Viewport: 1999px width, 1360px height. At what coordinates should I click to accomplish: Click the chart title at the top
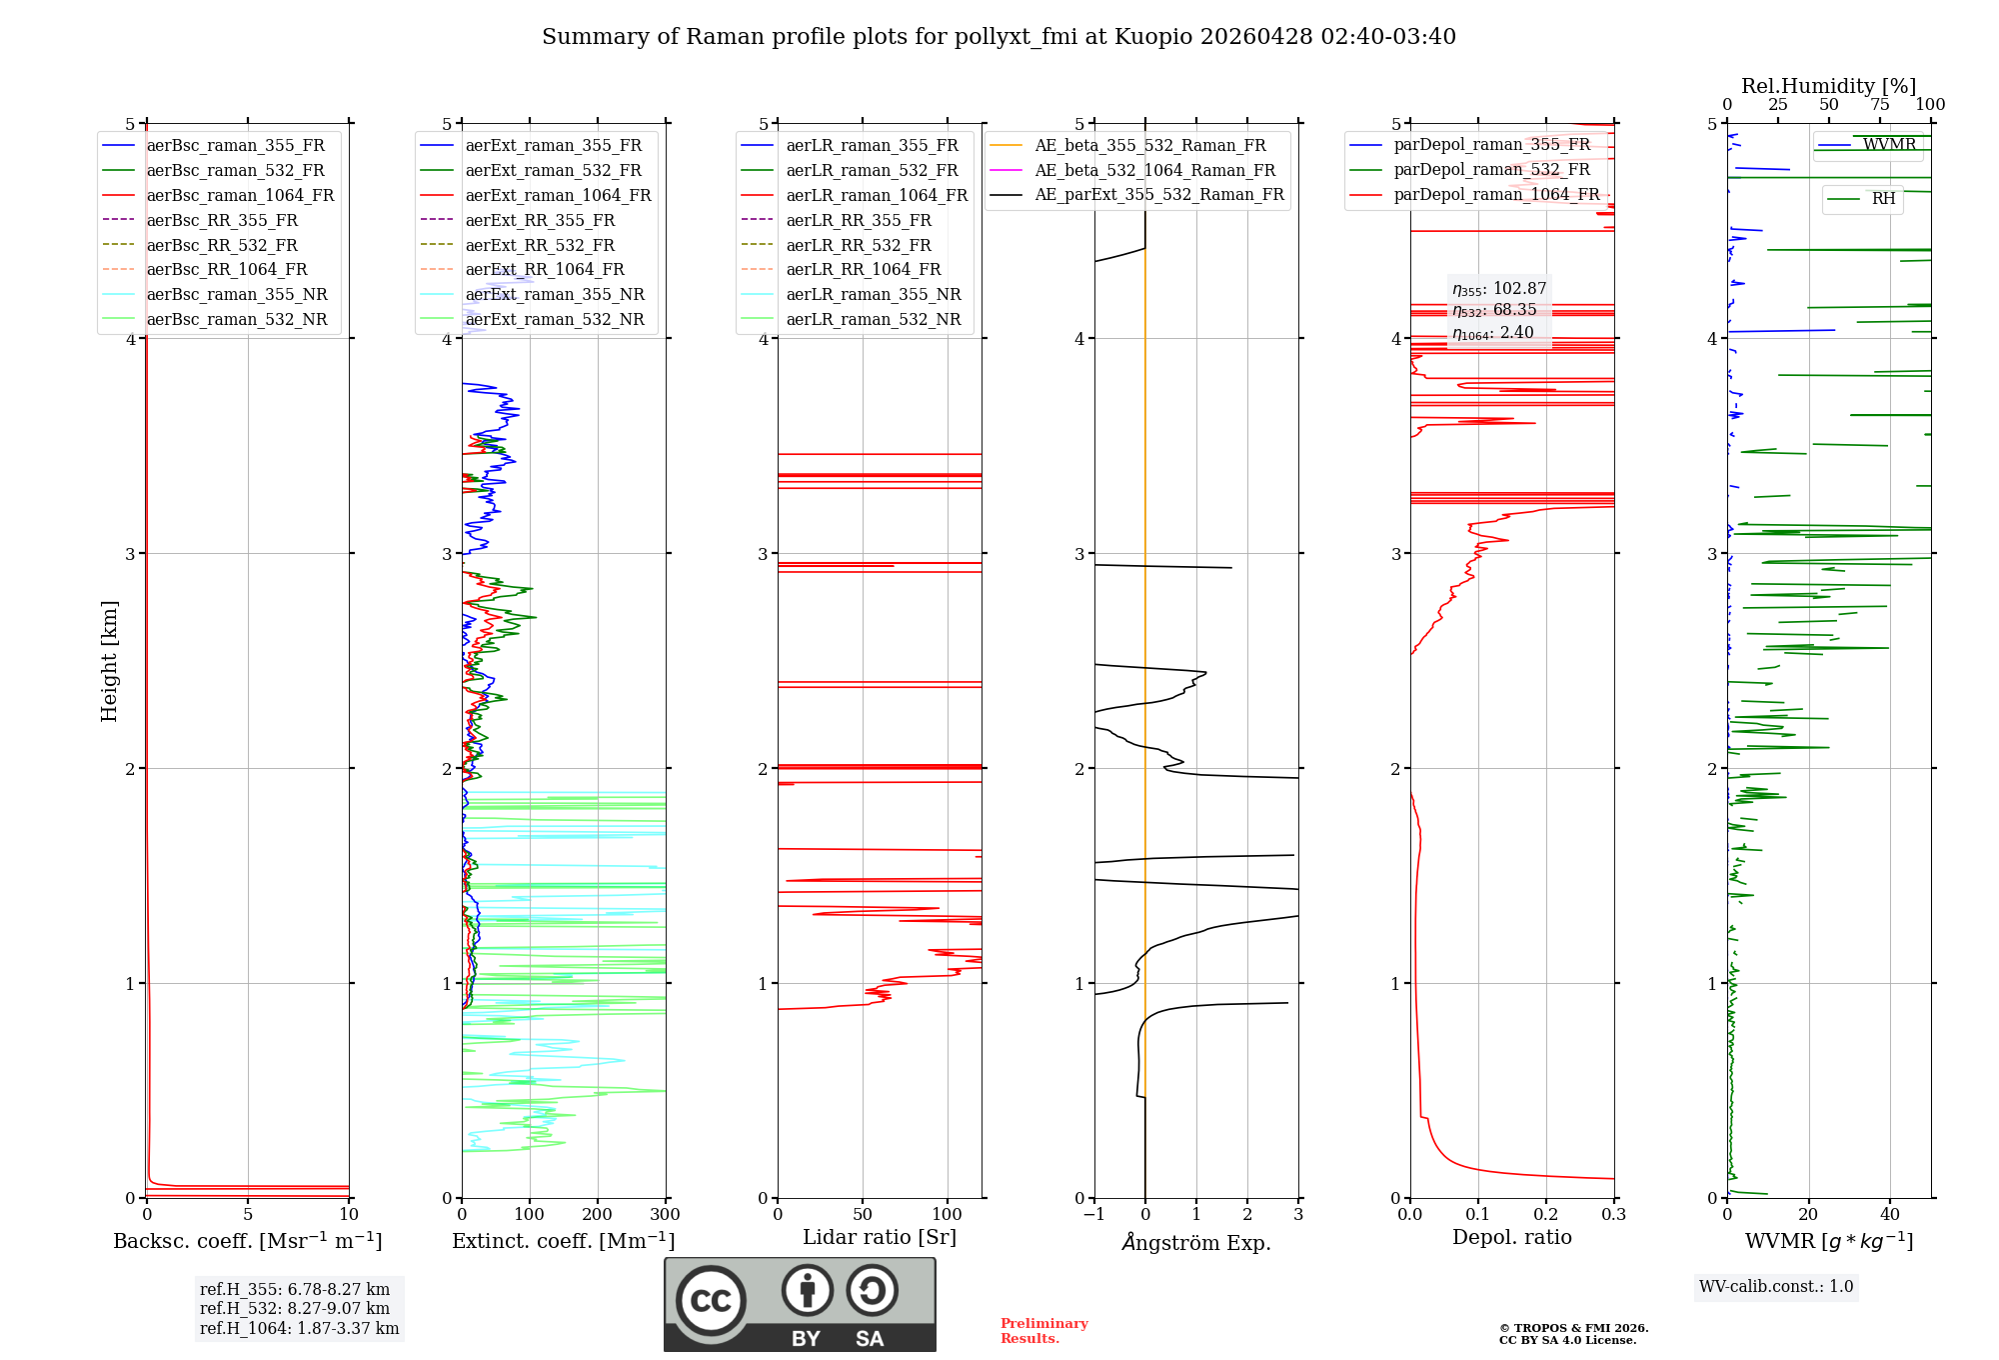[x=999, y=37]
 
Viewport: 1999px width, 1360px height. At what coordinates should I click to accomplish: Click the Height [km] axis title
[x=109, y=661]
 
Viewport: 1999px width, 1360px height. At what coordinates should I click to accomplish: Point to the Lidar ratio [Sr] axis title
[x=880, y=1238]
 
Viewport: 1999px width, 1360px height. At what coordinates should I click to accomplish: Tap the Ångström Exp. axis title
[x=1196, y=1243]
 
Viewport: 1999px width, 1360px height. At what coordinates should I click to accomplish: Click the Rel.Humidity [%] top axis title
[x=1828, y=86]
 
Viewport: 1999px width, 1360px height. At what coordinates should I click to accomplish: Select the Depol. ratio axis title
[x=1511, y=1238]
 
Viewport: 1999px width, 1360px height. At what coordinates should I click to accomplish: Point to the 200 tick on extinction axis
[x=598, y=1215]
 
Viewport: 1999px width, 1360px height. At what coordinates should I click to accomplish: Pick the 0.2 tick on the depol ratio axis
[x=1545, y=1215]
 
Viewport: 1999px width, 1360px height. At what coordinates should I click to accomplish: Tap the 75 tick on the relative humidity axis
[x=1880, y=105]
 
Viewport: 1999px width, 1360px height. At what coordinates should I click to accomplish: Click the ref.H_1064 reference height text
[x=299, y=1329]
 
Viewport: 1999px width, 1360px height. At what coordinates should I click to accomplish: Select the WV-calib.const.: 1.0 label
[x=1776, y=1287]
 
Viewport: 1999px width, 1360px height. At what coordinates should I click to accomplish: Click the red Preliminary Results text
[x=1043, y=1331]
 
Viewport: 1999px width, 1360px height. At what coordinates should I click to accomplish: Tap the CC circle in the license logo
[x=711, y=1301]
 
